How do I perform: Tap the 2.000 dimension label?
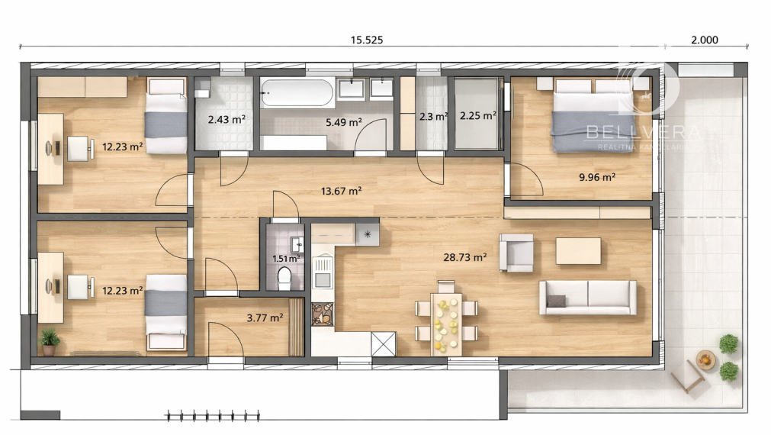tap(705, 40)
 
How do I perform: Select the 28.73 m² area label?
tap(464, 258)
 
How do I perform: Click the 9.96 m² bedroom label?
tap(597, 176)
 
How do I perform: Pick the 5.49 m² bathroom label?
tap(343, 121)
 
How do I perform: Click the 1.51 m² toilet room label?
tap(286, 258)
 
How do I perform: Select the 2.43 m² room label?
tap(226, 119)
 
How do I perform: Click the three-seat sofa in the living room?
tap(587, 298)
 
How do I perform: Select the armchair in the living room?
tap(516, 253)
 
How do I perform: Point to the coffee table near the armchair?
tap(577, 251)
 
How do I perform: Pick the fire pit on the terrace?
tap(706, 359)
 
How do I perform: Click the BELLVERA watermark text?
tap(641, 133)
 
